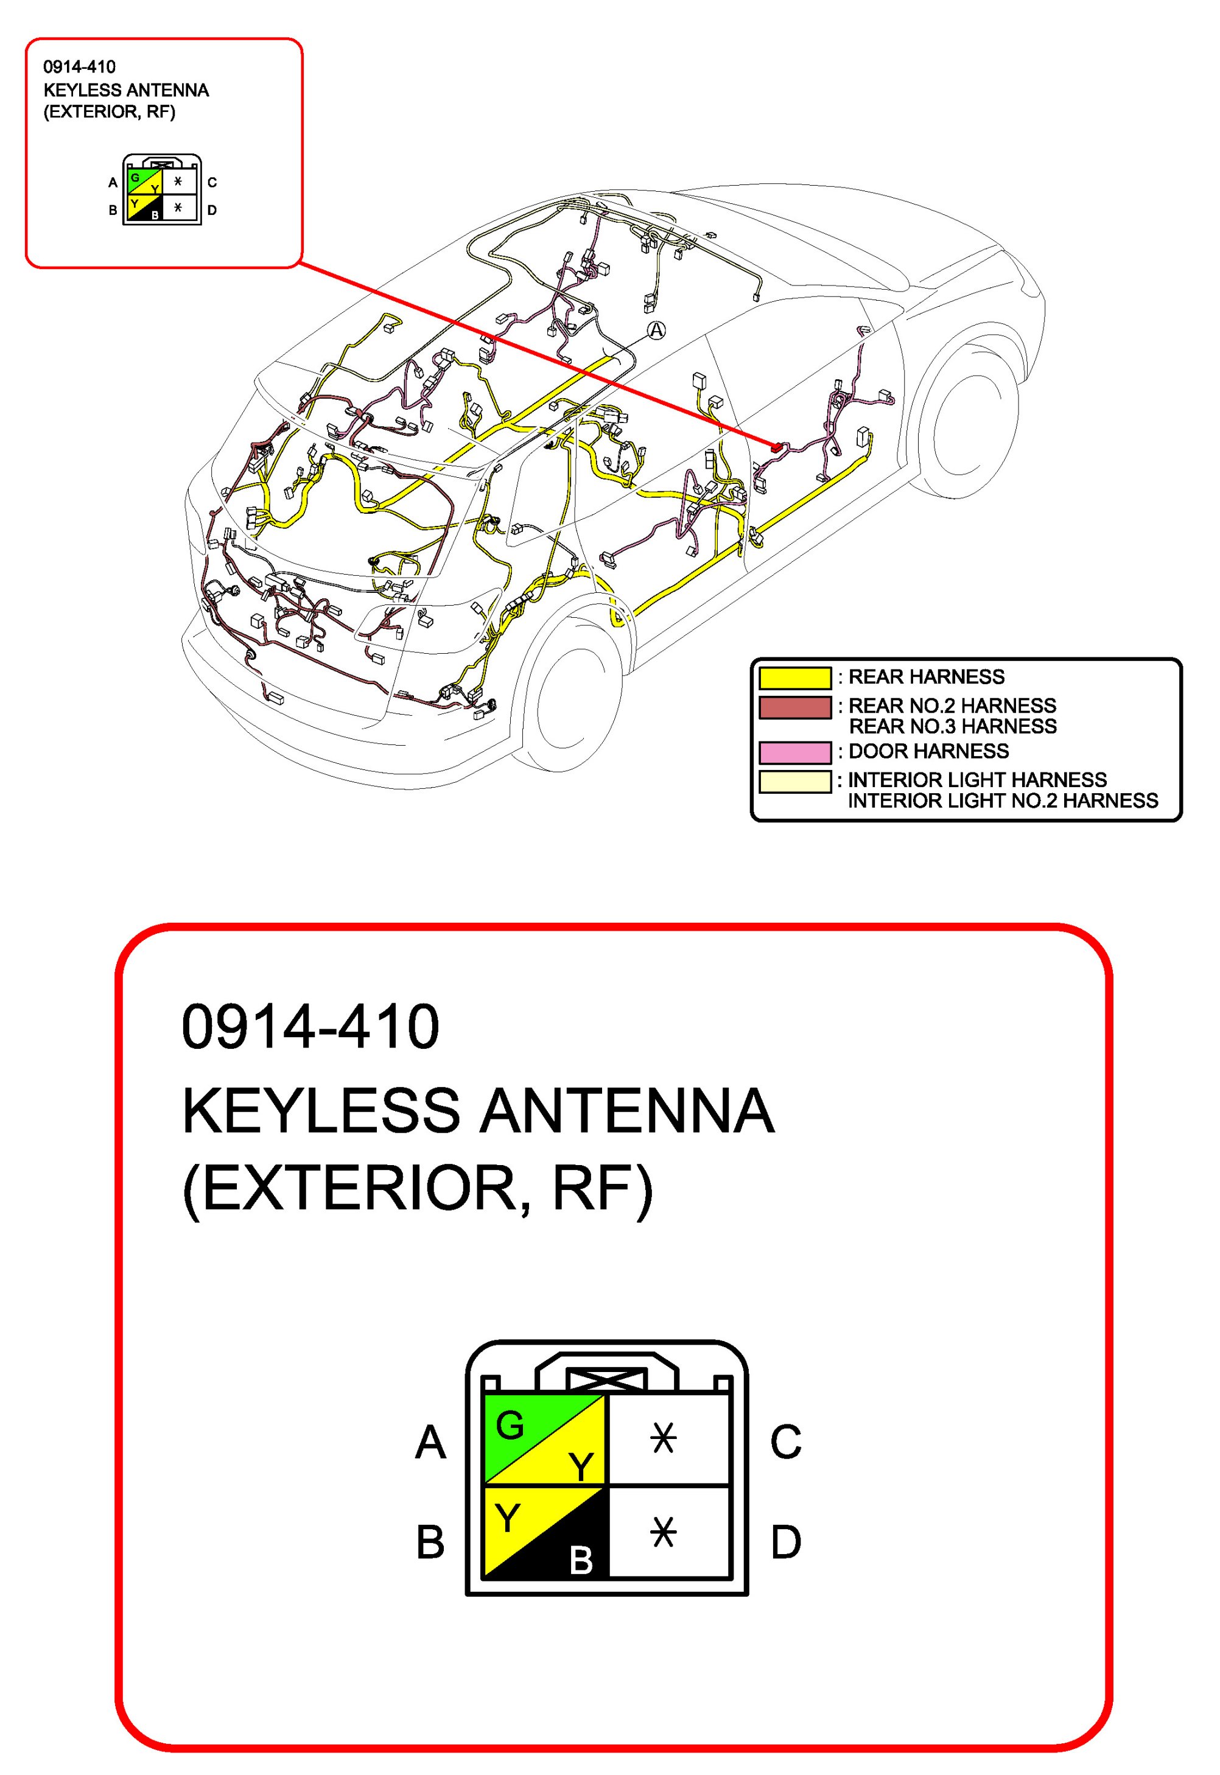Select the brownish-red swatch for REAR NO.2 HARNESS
794,707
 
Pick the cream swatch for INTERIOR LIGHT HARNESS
794,782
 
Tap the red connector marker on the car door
777,447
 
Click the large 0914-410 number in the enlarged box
310,1026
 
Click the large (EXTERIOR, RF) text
418,1189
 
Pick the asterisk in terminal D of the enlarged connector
663,1532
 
